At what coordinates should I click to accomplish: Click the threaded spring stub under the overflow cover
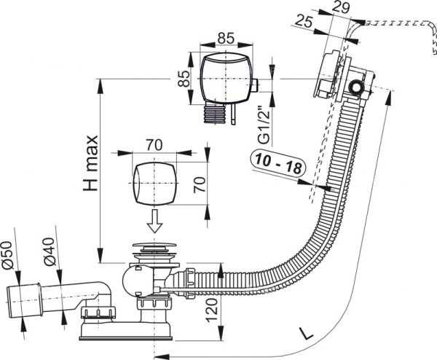[216, 114]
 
